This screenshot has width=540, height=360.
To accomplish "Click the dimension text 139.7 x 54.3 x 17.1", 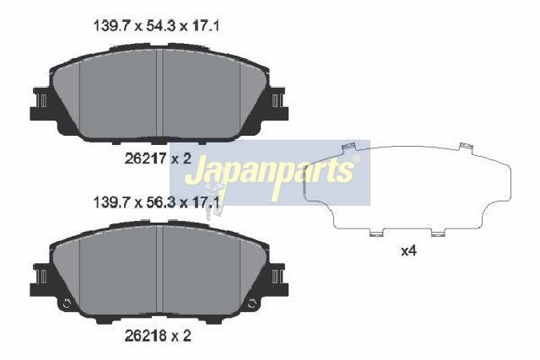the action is click(156, 26).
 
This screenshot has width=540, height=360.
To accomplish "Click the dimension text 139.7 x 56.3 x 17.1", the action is click(156, 202).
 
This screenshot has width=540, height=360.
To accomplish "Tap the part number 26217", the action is click(146, 159).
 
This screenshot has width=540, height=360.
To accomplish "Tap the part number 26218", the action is click(146, 336).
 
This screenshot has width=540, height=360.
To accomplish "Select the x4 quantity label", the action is click(408, 251).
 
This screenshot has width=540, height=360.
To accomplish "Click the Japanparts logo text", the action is click(270, 172).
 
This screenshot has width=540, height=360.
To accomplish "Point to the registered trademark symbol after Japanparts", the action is click(356, 159).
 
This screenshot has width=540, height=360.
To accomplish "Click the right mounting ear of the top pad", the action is click(278, 104).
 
